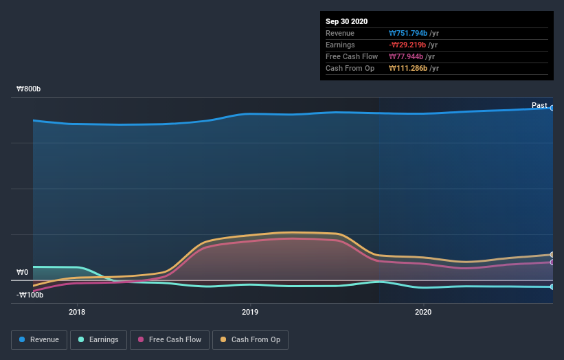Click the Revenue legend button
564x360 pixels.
coord(40,339)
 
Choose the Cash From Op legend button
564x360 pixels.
coord(250,339)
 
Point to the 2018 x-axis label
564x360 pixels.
coord(77,312)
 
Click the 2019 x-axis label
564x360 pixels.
coord(250,312)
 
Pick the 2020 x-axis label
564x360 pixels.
coord(423,312)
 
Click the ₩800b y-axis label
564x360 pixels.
coord(29,89)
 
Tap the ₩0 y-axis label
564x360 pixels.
coord(23,273)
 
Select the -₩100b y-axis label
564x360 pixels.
coord(30,295)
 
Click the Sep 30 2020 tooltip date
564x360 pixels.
coord(346,21)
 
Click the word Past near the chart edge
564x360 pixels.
coord(539,105)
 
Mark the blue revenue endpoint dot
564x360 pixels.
coord(552,108)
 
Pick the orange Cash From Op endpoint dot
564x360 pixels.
coord(552,255)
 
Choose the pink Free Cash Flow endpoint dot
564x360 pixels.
coord(552,262)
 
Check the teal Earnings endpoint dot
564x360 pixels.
coord(552,286)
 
